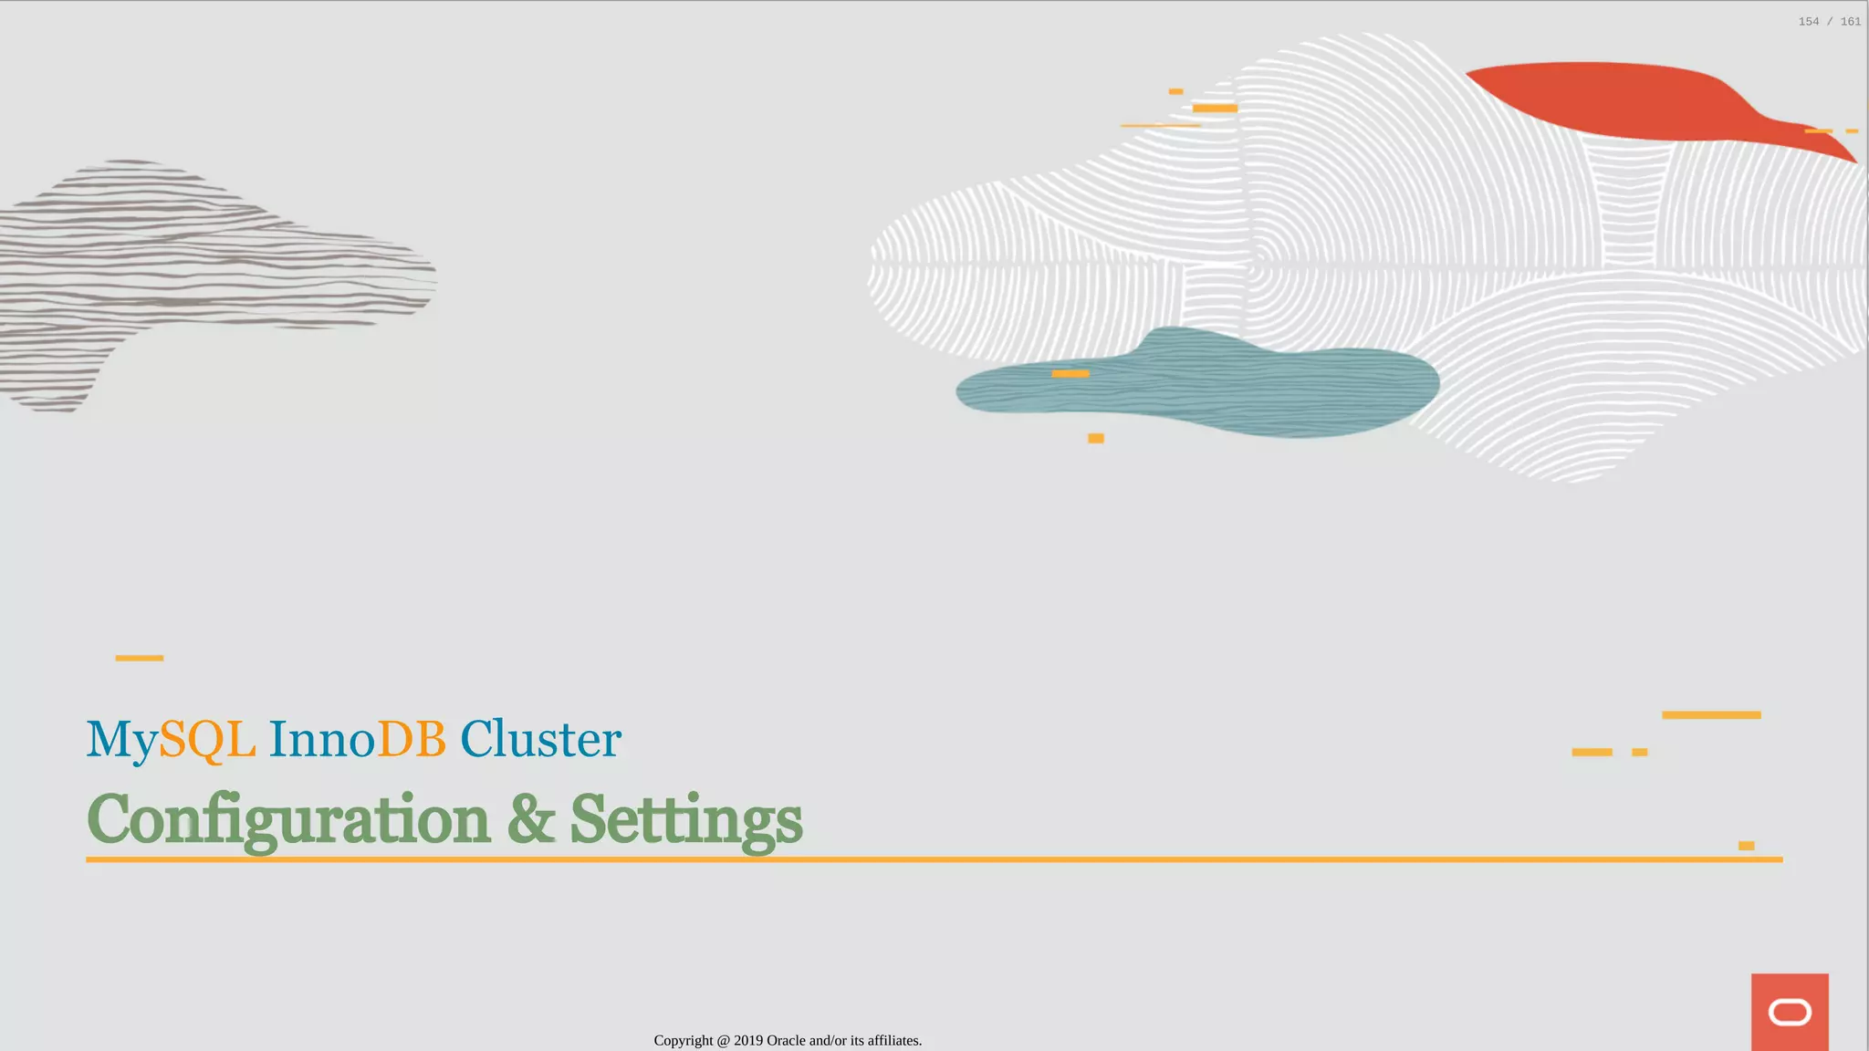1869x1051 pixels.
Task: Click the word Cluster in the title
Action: [540, 739]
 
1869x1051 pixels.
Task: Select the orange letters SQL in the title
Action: [207, 739]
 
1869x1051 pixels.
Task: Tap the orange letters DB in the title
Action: [412, 739]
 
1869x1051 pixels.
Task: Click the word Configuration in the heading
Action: [288, 819]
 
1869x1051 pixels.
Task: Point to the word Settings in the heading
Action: [686, 819]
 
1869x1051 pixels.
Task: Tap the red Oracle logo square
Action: [1790, 1012]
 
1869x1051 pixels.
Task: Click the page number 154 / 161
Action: [1829, 22]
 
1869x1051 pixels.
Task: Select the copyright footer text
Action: [788, 1040]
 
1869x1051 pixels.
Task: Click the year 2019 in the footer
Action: [748, 1040]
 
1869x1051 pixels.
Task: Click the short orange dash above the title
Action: [139, 658]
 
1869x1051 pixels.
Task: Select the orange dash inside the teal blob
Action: [1070, 373]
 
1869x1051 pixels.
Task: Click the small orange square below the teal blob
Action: [1096, 439]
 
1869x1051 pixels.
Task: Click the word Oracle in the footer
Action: [786, 1040]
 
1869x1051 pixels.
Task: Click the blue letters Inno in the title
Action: [322, 739]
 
